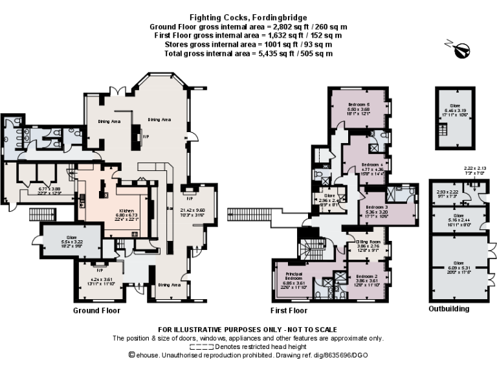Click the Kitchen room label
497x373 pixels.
click(x=124, y=211)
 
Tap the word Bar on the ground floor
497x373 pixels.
click(x=168, y=209)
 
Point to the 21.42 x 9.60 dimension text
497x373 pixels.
click(x=192, y=210)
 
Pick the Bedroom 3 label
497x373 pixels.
click(x=376, y=206)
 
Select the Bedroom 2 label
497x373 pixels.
click(x=368, y=276)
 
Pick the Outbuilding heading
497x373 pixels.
click(x=449, y=310)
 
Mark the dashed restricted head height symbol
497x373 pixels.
click(x=193, y=346)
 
